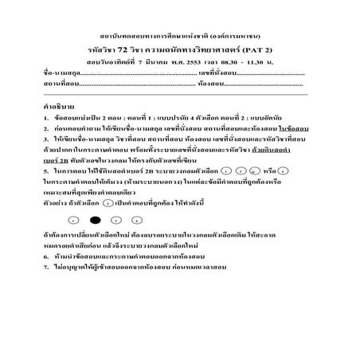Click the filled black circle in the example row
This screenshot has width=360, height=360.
point(95,218)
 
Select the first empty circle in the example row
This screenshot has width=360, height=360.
point(73,218)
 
